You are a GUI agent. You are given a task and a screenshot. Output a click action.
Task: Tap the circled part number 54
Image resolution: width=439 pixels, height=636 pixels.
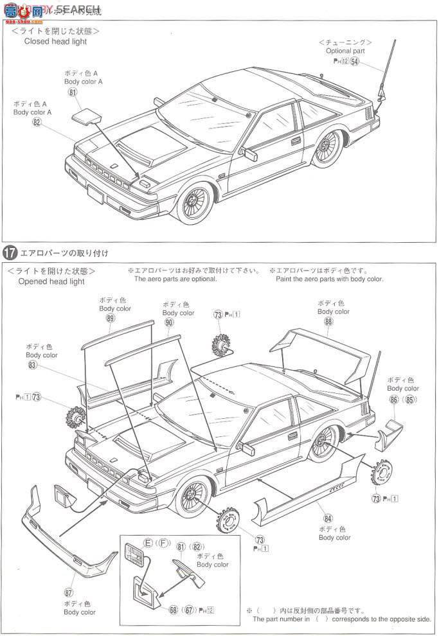[x=355, y=62]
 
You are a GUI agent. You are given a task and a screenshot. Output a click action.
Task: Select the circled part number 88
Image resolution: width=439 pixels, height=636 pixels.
[x=329, y=321]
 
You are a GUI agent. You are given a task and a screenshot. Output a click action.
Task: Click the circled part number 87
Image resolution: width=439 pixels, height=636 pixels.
[x=69, y=592]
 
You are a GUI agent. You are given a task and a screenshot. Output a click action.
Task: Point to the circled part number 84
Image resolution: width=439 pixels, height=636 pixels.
[x=328, y=517]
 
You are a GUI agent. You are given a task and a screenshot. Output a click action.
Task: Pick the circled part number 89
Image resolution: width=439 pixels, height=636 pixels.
[x=111, y=318]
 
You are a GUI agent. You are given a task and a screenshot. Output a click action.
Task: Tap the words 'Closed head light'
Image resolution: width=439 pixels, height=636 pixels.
[x=55, y=42]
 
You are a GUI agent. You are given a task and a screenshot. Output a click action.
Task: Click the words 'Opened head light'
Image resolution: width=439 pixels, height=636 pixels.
[x=51, y=281]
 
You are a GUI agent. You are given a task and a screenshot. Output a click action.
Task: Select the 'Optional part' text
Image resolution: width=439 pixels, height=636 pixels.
[x=345, y=51]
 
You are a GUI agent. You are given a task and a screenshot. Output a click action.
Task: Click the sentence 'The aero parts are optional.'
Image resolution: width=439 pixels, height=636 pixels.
[x=175, y=279]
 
